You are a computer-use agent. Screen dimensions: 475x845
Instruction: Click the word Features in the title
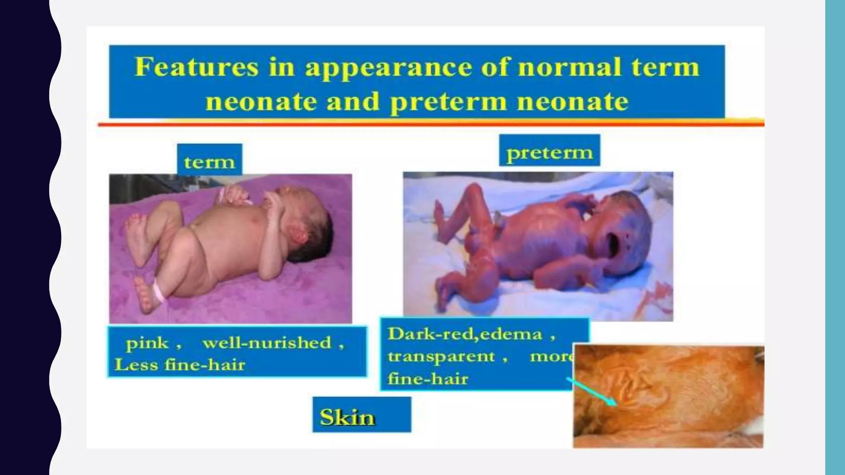[196, 67]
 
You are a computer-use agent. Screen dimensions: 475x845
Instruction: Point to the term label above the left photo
[209, 162]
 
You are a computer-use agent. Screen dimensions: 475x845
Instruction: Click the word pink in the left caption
[147, 343]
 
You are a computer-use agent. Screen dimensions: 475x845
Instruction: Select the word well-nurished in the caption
[267, 343]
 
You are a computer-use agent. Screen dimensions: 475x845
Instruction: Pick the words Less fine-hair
[180, 365]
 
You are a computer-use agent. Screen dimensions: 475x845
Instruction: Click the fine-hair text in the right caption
[428, 379]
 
